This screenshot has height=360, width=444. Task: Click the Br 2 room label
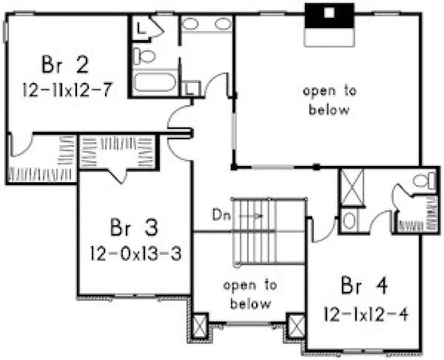(x=65, y=66)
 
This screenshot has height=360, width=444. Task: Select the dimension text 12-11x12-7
(x=68, y=89)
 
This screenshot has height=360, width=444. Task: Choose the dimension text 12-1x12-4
(x=365, y=313)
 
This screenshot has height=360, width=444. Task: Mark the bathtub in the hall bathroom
(x=156, y=82)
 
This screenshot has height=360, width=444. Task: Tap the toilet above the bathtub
(x=145, y=55)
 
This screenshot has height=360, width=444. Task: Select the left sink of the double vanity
(x=190, y=24)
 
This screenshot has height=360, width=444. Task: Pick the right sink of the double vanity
(x=223, y=24)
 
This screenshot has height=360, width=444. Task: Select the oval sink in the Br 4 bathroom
(x=350, y=221)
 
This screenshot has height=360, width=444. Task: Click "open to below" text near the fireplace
(x=330, y=100)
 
